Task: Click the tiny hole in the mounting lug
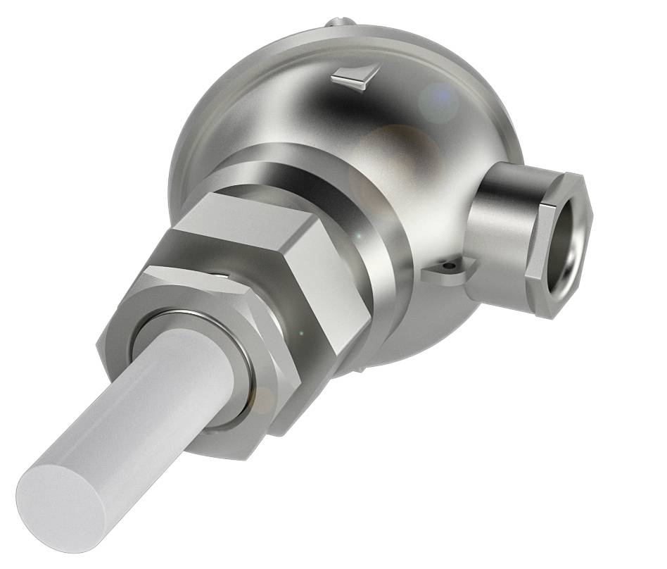[x=445, y=268]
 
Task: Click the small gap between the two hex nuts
[x=222, y=277]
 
